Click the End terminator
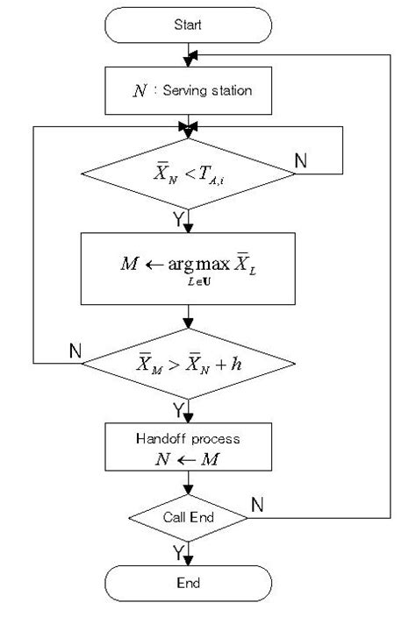pyautogui.click(x=188, y=583)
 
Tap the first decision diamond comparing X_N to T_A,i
pyautogui.click(x=188, y=174)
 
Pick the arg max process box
pyautogui.click(x=188, y=266)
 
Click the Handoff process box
pyautogui.click(x=188, y=448)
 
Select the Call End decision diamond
pyautogui.click(x=188, y=517)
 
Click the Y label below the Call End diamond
pyautogui.click(x=179, y=552)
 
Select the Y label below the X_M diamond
pyautogui.click(x=179, y=409)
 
